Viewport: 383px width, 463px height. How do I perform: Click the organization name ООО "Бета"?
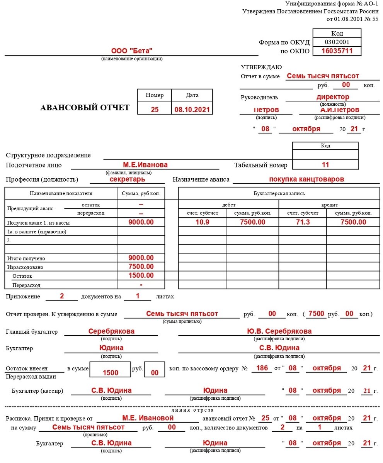[132, 51]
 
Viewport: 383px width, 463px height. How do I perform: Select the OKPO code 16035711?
[337, 51]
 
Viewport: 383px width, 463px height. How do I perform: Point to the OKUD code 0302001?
[337, 42]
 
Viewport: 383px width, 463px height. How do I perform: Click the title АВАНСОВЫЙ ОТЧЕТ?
[85, 108]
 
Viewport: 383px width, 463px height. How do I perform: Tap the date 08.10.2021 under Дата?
[192, 110]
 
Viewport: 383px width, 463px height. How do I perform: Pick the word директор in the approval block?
[333, 97]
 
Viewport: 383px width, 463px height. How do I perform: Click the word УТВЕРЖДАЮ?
[261, 67]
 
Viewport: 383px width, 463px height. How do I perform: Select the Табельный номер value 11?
[325, 165]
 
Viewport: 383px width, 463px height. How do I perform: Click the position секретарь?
[128, 179]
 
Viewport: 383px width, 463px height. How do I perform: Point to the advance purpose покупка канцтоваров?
[306, 179]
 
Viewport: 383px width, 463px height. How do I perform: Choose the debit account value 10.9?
[202, 222]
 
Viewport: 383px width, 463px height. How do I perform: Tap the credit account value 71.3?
[303, 222]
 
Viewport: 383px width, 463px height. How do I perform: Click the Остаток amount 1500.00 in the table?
[141, 275]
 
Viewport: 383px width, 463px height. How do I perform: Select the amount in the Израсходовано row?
[141, 267]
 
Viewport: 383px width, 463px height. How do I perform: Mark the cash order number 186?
[262, 368]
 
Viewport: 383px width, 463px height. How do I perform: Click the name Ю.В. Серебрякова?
[279, 331]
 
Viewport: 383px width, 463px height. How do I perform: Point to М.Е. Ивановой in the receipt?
[148, 418]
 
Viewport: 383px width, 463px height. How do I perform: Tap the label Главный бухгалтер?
[32, 331]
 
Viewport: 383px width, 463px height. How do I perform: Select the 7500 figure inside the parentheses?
[317, 314]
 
